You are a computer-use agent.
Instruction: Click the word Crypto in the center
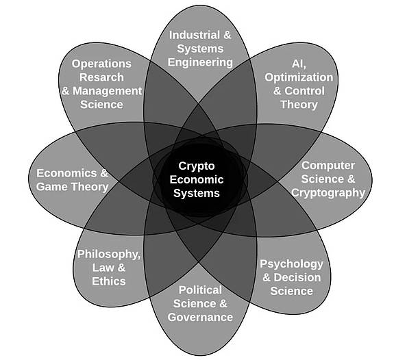point(197,166)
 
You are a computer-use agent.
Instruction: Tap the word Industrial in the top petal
point(194,35)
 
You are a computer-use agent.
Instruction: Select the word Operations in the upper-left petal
point(101,64)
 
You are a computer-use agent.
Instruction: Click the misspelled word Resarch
point(101,77)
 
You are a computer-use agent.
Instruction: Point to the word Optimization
point(299,77)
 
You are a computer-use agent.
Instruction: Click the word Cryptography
point(328,193)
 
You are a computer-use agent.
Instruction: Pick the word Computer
point(328,166)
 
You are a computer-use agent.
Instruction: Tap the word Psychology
point(291,264)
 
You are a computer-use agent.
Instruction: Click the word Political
point(200,290)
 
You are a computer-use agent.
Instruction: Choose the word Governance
point(200,317)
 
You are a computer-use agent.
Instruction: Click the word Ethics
point(109,281)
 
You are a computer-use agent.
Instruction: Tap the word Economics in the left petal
point(67,173)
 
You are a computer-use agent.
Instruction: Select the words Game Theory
point(72,187)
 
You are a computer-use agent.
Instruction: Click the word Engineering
point(200,63)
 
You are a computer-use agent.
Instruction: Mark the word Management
point(107,91)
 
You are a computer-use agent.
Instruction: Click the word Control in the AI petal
point(304,91)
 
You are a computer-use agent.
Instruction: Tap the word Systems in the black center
point(197,193)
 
